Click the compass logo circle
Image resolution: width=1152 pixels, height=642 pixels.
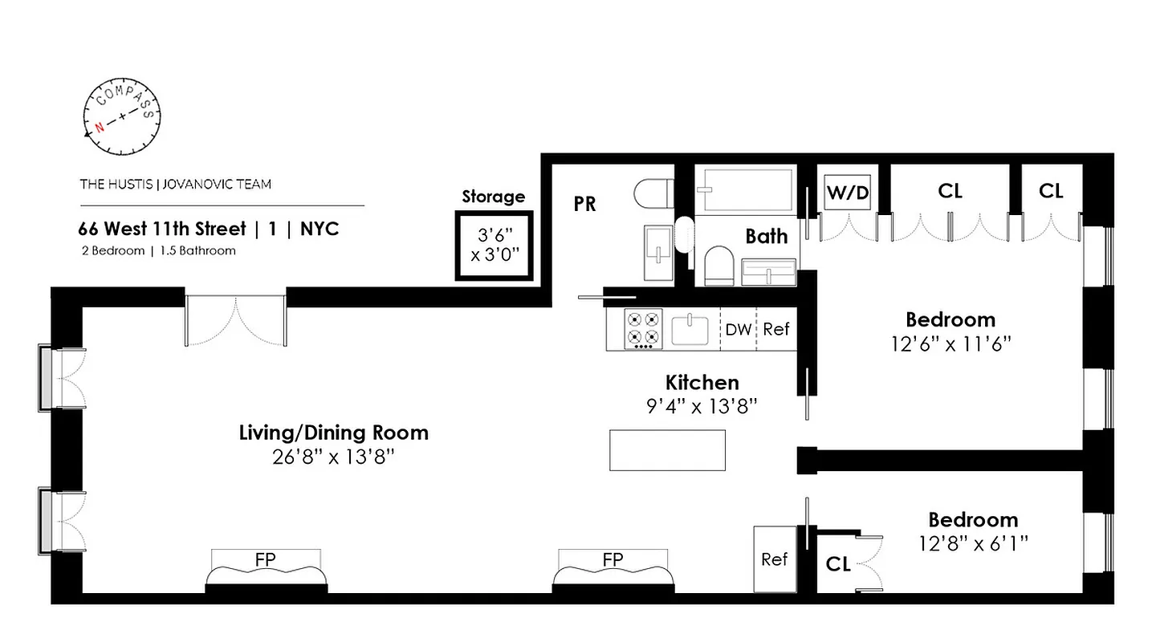click(x=122, y=117)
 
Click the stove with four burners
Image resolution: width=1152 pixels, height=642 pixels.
click(x=643, y=329)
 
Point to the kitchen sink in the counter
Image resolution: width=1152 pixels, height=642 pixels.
click(x=690, y=329)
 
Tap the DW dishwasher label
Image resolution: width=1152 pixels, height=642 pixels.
click(x=737, y=329)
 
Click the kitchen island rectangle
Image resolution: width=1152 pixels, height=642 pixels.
click(x=667, y=450)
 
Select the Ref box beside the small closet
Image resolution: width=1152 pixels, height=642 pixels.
click(x=774, y=559)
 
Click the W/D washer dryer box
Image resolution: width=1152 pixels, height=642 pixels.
click(x=847, y=193)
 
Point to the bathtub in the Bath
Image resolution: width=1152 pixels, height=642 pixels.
click(x=745, y=189)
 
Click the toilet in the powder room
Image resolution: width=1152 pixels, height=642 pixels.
click(x=653, y=193)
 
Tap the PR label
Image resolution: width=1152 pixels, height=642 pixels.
click(x=584, y=204)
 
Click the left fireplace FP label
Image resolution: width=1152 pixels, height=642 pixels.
click(x=266, y=559)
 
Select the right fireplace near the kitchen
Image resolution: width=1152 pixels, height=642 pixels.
click(x=613, y=570)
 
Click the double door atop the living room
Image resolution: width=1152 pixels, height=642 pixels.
click(x=234, y=319)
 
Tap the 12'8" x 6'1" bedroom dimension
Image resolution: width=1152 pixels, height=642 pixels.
click(x=973, y=543)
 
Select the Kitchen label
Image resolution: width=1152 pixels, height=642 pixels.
click(x=702, y=383)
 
